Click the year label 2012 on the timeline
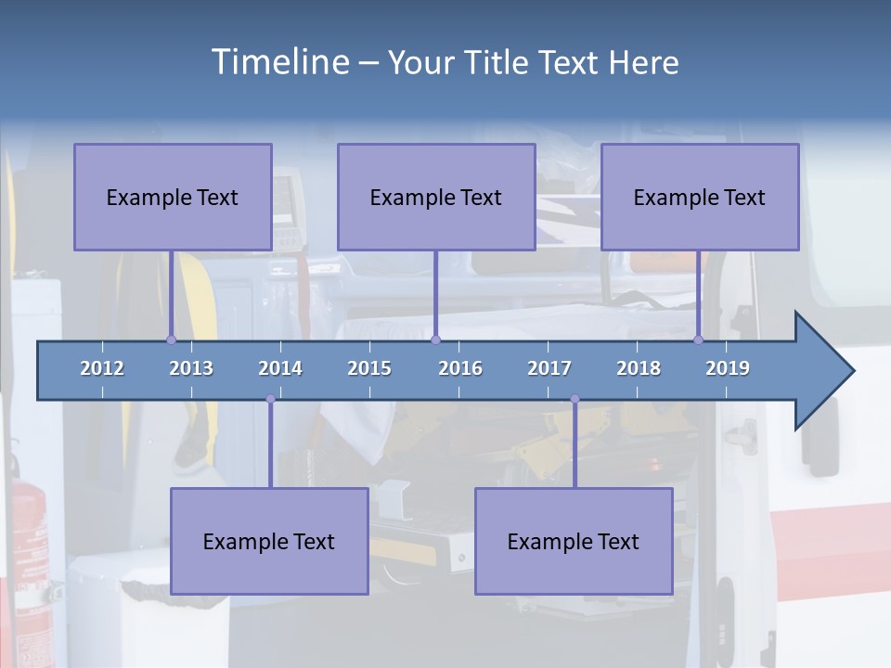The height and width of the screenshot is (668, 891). coord(102,368)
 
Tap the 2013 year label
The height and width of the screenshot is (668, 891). coord(191,368)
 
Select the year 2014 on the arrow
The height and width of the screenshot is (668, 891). coord(280,368)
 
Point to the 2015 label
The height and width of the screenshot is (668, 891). coord(369,368)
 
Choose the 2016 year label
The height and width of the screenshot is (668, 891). coord(460,368)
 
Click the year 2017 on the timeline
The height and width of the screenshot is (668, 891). coord(549,368)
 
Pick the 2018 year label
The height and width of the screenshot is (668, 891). coord(639,368)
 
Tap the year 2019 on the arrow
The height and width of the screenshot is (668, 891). coord(728,368)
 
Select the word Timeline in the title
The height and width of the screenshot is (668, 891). coord(280,61)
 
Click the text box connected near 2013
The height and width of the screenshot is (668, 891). coord(173,197)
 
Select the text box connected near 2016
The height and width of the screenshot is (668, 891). coord(436,197)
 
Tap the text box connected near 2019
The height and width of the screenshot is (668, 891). coord(700,197)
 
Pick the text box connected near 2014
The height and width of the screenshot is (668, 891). coord(269,541)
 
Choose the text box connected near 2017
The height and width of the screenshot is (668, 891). coord(574,541)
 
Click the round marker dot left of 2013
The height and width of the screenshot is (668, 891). coord(171,340)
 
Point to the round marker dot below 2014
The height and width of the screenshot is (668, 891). coord(270,399)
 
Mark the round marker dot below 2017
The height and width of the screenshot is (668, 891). coord(575,399)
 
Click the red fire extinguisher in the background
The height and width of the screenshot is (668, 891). coord(28,557)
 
